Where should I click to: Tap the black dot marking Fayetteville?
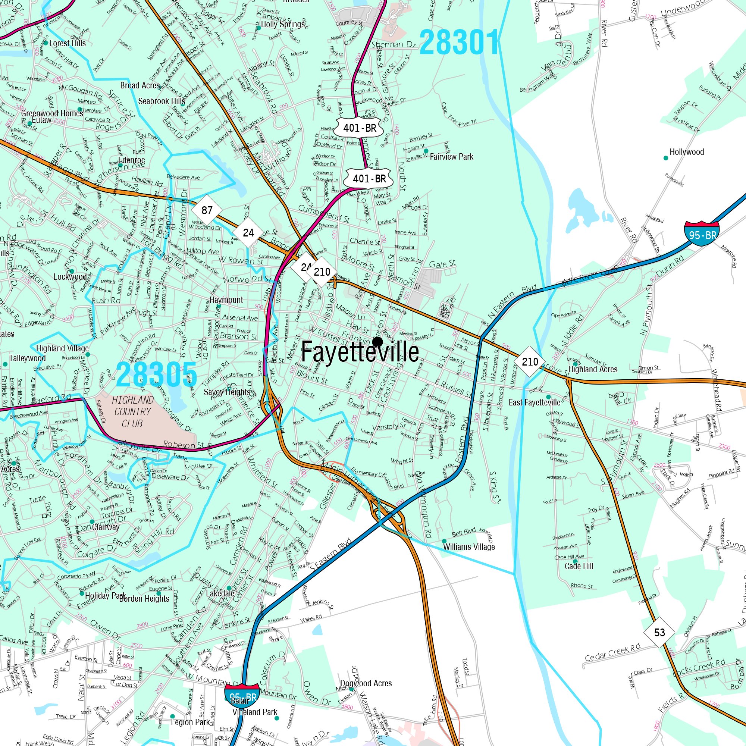377,342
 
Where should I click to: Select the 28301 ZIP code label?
460,43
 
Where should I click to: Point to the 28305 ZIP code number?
156,374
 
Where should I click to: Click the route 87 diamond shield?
207,210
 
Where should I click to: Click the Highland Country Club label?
132,412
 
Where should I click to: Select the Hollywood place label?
687,152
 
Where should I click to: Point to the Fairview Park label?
451,157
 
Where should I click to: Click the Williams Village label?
469,547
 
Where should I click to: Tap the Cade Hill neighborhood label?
579,566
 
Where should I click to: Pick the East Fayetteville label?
535,402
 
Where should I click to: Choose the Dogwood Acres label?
366,683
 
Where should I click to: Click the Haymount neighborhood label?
226,300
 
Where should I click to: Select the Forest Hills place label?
67,43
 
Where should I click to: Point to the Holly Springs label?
283,24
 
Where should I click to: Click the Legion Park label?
190,722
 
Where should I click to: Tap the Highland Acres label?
593,369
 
